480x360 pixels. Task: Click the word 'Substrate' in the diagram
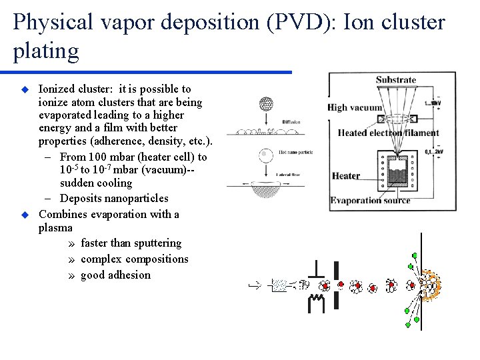tap(395, 81)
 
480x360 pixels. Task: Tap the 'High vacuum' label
tap(355, 107)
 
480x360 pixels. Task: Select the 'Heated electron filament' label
tap(388, 133)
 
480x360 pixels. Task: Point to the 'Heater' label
tap(346, 176)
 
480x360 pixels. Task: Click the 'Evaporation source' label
tap(371, 201)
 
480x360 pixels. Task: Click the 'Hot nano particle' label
tap(297, 153)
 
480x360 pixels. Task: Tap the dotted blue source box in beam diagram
tap(281, 285)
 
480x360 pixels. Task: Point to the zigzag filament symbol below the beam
tap(317, 304)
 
